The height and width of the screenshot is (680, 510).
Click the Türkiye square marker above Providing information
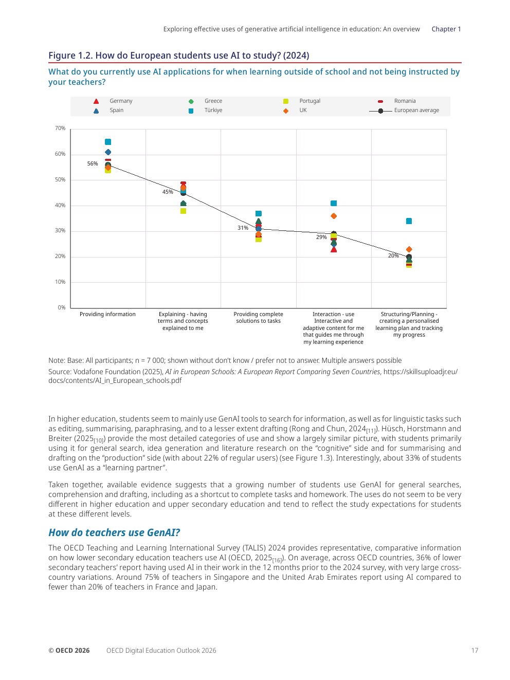coord(108,142)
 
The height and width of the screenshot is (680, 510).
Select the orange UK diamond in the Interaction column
coord(334,216)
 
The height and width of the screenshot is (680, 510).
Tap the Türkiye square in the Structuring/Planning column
coord(409,221)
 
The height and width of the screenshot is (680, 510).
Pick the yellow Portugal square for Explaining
coord(183,211)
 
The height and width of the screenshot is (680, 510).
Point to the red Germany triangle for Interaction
coord(334,249)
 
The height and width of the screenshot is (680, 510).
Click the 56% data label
coord(93,164)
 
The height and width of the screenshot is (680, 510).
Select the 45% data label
coord(168,192)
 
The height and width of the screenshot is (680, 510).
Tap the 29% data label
coord(321,237)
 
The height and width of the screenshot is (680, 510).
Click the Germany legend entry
coord(121,101)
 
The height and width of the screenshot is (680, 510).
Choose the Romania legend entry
coord(405,101)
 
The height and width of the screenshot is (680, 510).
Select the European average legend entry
coord(416,111)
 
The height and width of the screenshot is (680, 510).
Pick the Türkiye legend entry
coord(213,111)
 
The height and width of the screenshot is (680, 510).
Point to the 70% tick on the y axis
coord(60,128)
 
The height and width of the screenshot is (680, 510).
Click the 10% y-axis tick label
coord(60,282)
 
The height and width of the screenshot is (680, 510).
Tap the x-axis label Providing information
coord(107,315)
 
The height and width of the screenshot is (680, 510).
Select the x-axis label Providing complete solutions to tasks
coord(258,318)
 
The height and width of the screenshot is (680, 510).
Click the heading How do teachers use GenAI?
coord(114,532)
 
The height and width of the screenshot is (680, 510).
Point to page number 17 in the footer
coord(475,651)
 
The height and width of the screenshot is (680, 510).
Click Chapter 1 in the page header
coord(446,29)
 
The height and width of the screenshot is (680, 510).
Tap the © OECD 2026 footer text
coord(69,651)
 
